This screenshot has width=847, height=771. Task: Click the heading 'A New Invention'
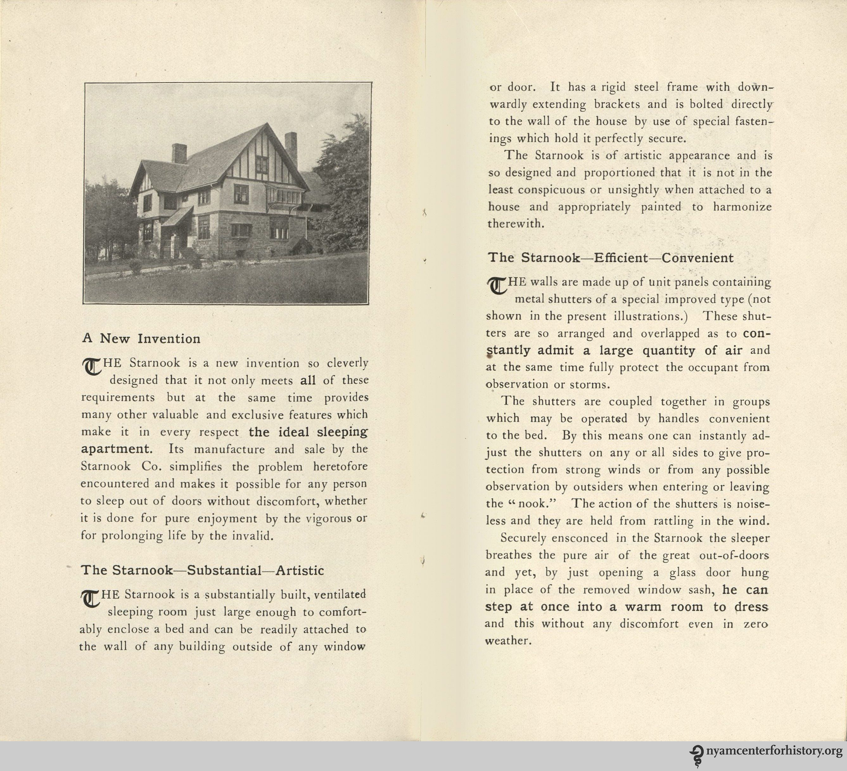tap(141, 339)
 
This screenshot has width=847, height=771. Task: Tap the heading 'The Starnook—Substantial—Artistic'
tap(202, 570)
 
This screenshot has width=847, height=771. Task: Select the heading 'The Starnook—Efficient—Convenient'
tap(610, 258)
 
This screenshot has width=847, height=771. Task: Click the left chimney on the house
tap(179, 153)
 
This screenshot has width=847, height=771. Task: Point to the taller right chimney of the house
tap(291, 149)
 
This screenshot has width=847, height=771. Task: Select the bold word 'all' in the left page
tap(308, 380)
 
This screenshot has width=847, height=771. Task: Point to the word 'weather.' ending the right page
tap(506, 641)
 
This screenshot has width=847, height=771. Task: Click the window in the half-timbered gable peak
tap(261, 164)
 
